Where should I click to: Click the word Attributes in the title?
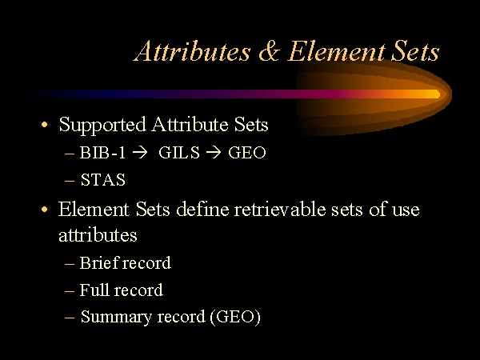tap(192, 51)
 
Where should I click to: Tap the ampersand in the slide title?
tap(270, 51)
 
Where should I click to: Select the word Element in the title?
tap(336, 51)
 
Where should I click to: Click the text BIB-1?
tap(102, 153)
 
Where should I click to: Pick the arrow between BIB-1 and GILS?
tap(141, 153)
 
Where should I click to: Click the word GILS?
tap(179, 153)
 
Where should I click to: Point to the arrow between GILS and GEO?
tap(214, 153)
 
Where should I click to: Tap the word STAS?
tap(103, 180)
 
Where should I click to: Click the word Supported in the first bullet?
tap(102, 126)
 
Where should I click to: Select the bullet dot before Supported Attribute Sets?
tap(45, 125)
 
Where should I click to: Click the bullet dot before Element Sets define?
tap(45, 210)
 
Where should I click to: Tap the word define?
tap(202, 210)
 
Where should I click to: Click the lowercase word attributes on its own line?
tap(98, 235)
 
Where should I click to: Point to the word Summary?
tap(116, 317)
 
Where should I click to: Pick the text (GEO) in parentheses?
tap(235, 317)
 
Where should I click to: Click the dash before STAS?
tap(70, 181)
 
